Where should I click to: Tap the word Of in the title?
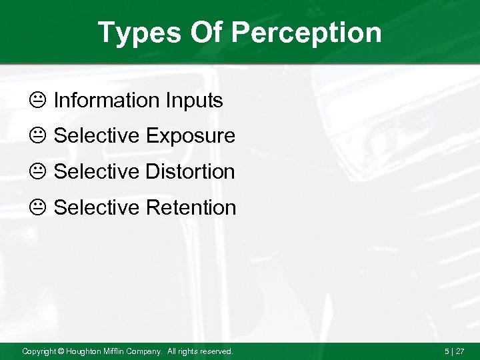(x=205, y=33)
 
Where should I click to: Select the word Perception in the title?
(x=309, y=33)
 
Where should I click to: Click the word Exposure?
(x=191, y=137)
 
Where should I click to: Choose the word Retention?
(x=191, y=207)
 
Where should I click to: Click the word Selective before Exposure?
(x=97, y=136)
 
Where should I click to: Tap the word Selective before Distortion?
(x=97, y=172)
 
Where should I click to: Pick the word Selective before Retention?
(x=97, y=207)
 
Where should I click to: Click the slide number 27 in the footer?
(x=460, y=351)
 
